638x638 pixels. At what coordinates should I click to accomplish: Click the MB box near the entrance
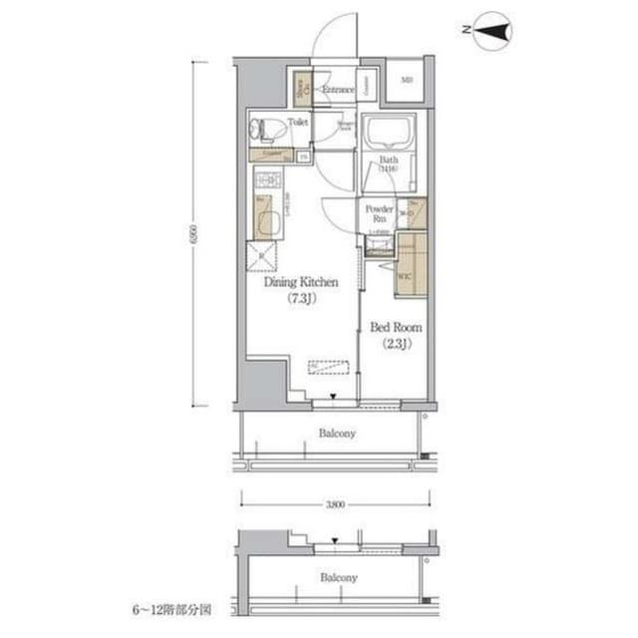(x=408, y=81)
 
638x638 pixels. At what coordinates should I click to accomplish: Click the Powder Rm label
(x=379, y=213)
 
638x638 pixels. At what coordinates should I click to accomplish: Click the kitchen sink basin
(x=265, y=215)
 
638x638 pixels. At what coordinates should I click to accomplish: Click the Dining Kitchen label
(x=301, y=282)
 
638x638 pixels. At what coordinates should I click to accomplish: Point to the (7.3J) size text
(x=301, y=297)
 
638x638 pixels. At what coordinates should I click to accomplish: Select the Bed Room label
(x=397, y=327)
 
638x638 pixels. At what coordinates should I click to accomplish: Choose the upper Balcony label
(x=337, y=434)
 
